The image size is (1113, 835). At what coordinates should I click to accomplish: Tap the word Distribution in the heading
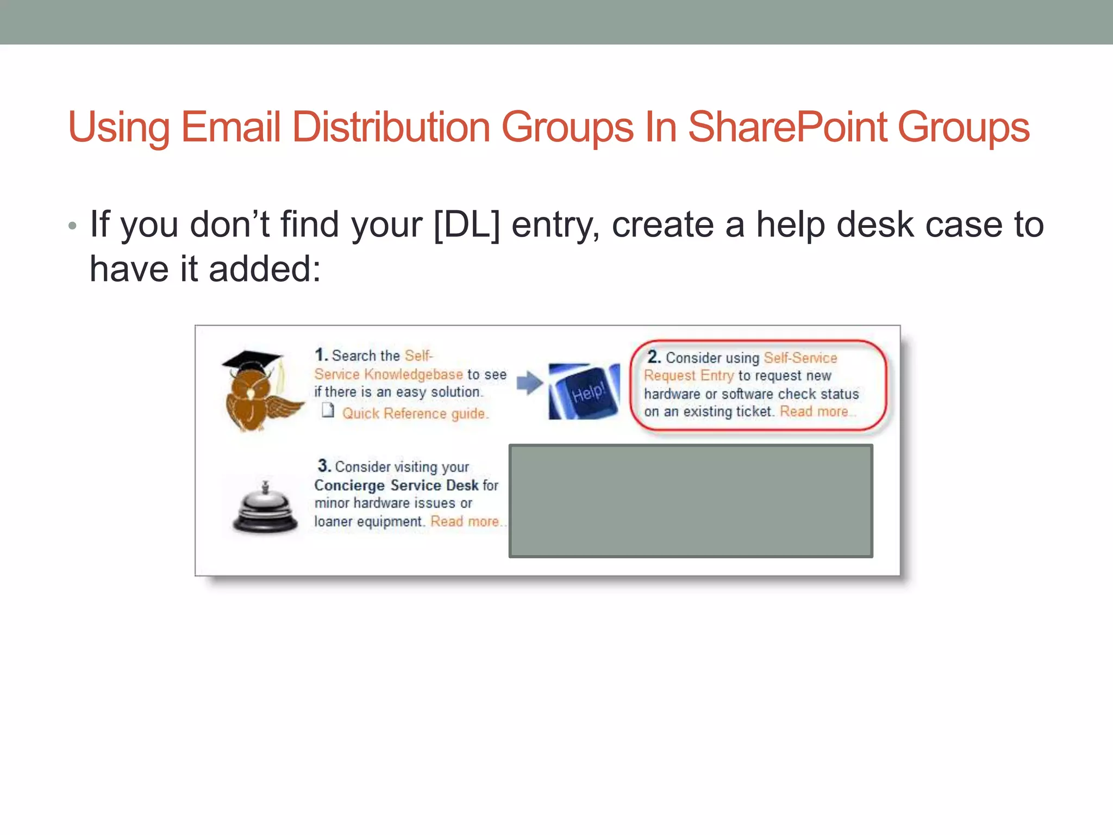pyautogui.click(x=391, y=127)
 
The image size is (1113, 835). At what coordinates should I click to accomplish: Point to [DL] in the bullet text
pyautogui.click(x=466, y=225)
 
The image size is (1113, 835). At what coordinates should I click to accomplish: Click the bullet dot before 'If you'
pyautogui.click(x=73, y=226)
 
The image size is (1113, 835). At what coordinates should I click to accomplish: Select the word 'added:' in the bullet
pyautogui.click(x=265, y=269)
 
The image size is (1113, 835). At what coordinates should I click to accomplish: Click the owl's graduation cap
pyautogui.click(x=252, y=360)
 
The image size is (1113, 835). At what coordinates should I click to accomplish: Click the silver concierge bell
pyautogui.click(x=265, y=508)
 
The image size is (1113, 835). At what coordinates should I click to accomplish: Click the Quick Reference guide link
pyautogui.click(x=415, y=414)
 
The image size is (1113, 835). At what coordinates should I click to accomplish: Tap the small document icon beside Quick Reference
pyautogui.click(x=328, y=410)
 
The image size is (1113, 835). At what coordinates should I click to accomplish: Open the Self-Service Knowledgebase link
pyautogui.click(x=388, y=375)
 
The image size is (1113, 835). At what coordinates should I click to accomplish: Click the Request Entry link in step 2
pyautogui.click(x=689, y=376)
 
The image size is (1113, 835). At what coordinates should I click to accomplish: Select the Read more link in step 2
pyautogui.click(x=814, y=412)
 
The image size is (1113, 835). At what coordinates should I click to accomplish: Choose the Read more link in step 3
pyautogui.click(x=465, y=521)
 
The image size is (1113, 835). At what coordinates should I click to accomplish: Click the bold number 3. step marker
pyautogui.click(x=324, y=466)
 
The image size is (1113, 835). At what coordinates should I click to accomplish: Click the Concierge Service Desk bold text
pyautogui.click(x=396, y=485)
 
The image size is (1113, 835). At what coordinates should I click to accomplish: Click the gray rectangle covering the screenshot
pyautogui.click(x=691, y=501)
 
